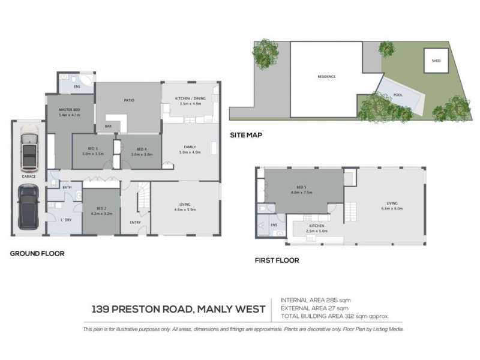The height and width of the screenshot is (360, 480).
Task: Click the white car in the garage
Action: tap(29, 150)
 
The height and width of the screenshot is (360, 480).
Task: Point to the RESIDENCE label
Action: tap(326, 77)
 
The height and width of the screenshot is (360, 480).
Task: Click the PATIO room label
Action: tap(128, 100)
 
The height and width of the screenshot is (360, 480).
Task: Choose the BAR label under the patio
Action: tap(108, 126)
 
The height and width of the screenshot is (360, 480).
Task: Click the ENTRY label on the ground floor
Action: tap(135, 223)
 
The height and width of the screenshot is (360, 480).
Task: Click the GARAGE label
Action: tap(28, 177)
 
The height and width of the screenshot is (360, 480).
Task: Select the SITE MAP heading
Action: tap(246, 135)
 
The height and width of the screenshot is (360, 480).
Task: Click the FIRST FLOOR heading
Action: tap(276, 261)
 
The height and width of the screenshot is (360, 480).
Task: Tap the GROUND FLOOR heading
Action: tap(37, 253)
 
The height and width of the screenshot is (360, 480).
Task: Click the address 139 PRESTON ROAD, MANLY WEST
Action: tap(178, 310)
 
